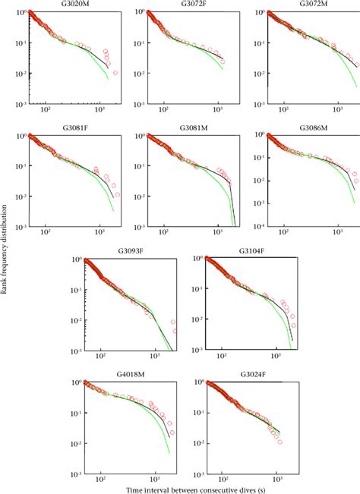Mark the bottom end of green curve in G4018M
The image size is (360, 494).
click(168, 453)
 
